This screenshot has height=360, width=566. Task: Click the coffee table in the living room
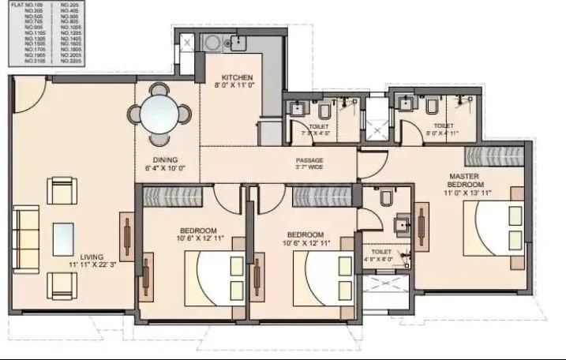pos(65,236)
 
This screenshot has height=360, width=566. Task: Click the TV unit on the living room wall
pos(126,234)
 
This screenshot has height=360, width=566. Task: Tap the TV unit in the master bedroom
pos(421,226)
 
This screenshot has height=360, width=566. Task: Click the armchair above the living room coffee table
pos(63,190)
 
